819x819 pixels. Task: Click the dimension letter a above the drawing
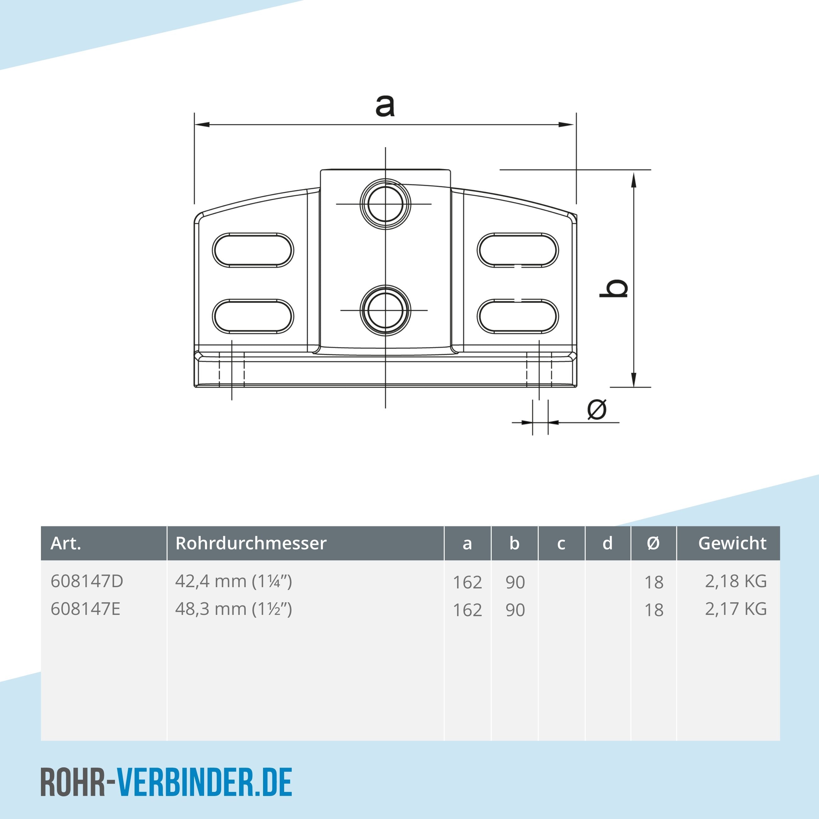click(385, 106)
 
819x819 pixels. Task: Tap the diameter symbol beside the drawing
click(597, 409)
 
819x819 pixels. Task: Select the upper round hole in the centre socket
click(385, 204)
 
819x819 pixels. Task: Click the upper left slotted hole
click(253, 250)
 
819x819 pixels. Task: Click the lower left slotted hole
click(253, 316)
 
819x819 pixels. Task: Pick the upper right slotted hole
click(518, 250)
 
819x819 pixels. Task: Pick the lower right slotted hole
click(518, 316)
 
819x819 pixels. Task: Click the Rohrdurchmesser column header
click(251, 543)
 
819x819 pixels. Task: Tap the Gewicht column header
click(732, 543)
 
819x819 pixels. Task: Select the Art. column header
click(66, 543)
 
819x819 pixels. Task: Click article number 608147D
click(87, 581)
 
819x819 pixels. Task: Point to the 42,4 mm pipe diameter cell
click(234, 581)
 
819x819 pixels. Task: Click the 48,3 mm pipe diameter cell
click(234, 609)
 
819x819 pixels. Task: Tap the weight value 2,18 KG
click(736, 581)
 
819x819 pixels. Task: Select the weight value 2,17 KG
click(736, 609)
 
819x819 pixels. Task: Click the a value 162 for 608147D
click(467, 582)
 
